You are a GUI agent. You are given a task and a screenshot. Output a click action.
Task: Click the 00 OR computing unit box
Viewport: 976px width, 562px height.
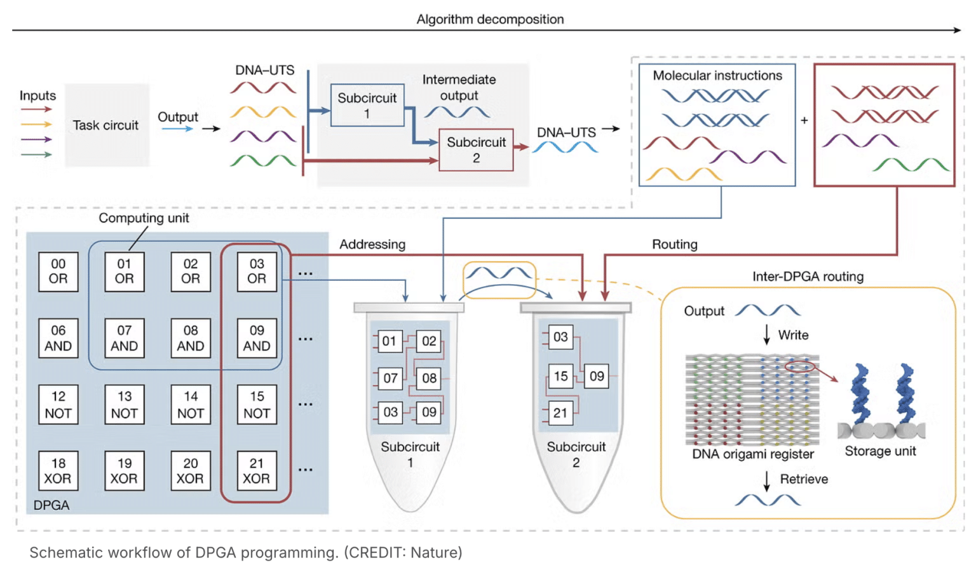pyautogui.click(x=58, y=271)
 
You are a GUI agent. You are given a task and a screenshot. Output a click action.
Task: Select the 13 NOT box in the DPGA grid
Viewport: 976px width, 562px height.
pyautogui.click(x=125, y=405)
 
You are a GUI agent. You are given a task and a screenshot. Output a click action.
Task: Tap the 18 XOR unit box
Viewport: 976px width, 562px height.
pyautogui.click(x=58, y=471)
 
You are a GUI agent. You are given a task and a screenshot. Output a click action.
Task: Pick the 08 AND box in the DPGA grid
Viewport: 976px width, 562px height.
pyautogui.click(x=191, y=338)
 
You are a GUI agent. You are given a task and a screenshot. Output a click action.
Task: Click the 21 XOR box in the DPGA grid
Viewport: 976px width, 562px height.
pyautogui.click(x=257, y=471)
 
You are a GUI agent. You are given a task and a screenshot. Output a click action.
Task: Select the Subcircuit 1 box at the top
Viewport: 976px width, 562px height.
pyautogui.click(x=367, y=106)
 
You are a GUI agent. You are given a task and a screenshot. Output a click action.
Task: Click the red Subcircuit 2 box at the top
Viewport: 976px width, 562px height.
pyautogui.click(x=476, y=150)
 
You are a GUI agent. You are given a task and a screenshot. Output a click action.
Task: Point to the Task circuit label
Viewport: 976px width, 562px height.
pyautogui.click(x=105, y=125)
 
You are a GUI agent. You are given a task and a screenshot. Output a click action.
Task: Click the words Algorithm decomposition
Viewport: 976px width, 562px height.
pyautogui.click(x=490, y=19)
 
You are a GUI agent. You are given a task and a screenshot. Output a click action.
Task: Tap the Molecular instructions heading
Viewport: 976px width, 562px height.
pyautogui.click(x=717, y=76)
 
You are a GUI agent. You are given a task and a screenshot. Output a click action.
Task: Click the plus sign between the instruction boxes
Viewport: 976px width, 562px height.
pyautogui.click(x=804, y=120)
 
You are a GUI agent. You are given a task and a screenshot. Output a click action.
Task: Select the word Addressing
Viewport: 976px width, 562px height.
pyautogui.click(x=372, y=244)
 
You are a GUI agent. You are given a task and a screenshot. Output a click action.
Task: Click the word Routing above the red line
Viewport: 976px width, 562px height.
pyautogui.click(x=674, y=244)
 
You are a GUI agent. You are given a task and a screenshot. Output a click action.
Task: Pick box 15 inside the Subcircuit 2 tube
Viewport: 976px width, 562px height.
pyautogui.click(x=560, y=376)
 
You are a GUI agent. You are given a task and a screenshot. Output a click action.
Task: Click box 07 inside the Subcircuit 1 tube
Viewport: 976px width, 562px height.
pyautogui.click(x=390, y=378)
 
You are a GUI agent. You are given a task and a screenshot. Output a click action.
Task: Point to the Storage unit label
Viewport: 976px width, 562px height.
pyautogui.click(x=880, y=451)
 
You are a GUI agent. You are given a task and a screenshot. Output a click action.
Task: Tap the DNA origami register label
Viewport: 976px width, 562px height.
pyautogui.click(x=753, y=454)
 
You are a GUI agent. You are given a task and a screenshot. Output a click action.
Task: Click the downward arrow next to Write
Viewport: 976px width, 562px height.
pyautogui.click(x=767, y=334)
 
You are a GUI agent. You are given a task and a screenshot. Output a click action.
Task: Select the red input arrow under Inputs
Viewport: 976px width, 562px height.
pyautogui.click(x=36, y=109)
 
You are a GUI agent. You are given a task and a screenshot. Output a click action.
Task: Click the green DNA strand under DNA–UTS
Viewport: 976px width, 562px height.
pyautogui.click(x=263, y=161)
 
